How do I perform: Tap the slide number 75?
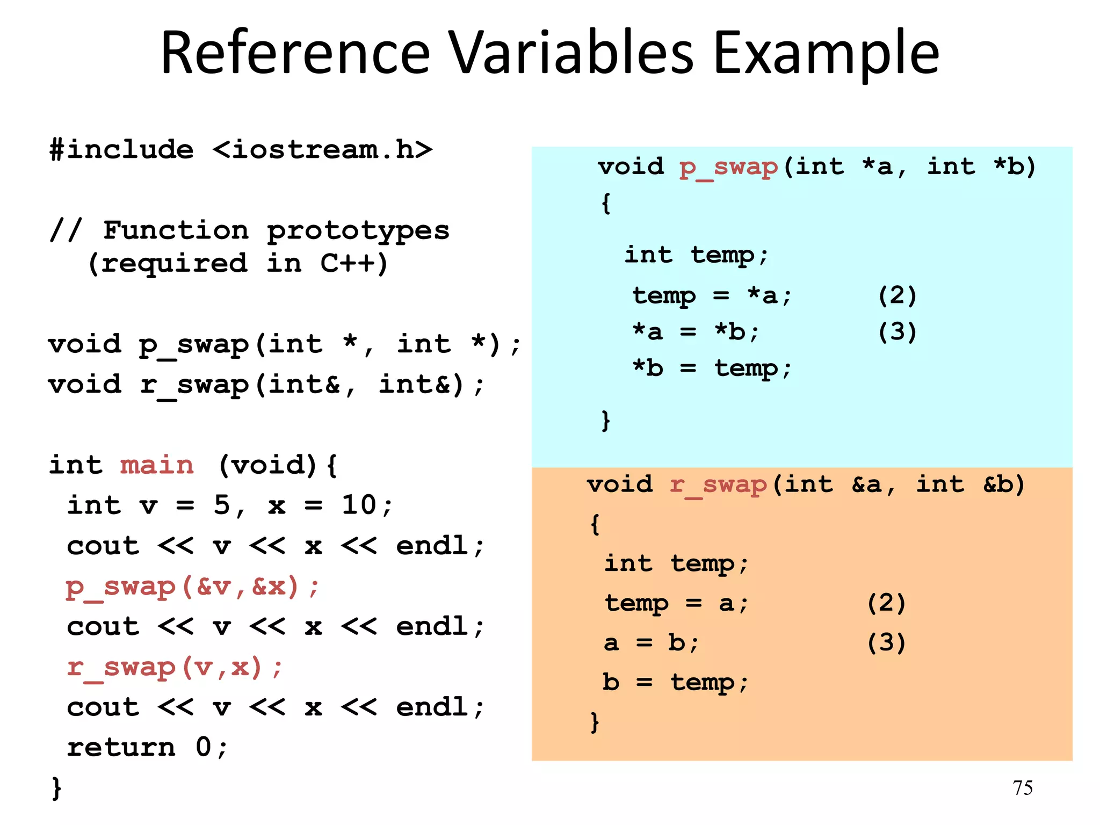1023,788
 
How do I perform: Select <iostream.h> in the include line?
322,149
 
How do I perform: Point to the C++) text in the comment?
353,263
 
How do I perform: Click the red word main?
156,465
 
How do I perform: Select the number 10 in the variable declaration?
359,505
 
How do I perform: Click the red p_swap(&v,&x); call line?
192,587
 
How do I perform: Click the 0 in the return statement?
204,747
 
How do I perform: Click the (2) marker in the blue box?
897,295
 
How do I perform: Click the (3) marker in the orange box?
886,642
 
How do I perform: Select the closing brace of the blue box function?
605,421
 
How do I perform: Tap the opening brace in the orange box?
595,524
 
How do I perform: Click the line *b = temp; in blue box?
712,368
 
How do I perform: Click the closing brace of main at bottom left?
56,788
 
